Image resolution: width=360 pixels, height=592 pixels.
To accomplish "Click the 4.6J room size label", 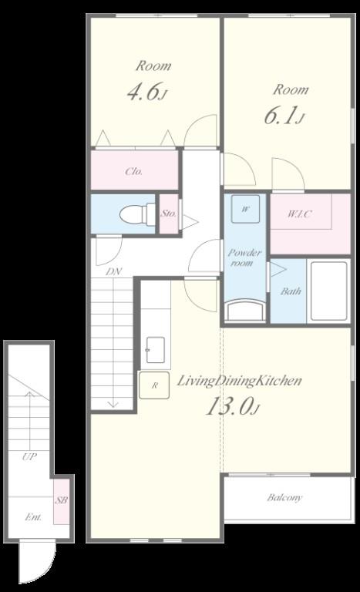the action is [147, 92].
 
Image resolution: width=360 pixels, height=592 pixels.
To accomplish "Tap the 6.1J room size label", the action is [284, 116].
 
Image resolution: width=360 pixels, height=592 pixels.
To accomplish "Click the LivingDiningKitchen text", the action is [240, 380].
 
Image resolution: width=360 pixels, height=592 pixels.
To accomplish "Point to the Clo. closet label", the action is [134, 171].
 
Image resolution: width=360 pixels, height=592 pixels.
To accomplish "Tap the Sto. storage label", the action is [169, 214].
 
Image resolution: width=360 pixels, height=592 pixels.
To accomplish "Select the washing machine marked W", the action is [246, 209].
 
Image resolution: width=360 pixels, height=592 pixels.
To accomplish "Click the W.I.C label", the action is [300, 214].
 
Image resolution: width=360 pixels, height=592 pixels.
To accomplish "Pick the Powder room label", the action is [244, 257].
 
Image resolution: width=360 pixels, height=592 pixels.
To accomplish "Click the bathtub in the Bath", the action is [328, 291].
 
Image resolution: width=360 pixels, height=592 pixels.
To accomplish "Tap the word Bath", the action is [291, 291].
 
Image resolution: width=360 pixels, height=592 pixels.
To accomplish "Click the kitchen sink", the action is [155, 350].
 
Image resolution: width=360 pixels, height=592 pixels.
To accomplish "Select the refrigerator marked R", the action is [154, 385].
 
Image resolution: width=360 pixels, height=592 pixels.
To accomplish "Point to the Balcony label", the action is [284, 498].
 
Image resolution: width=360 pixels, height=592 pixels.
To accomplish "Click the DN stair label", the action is [113, 271].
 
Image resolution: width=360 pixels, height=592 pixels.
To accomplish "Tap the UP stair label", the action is [29, 457].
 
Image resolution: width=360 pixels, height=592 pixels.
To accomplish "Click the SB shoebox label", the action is [62, 500].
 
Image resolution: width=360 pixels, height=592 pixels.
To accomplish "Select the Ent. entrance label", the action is [33, 517].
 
